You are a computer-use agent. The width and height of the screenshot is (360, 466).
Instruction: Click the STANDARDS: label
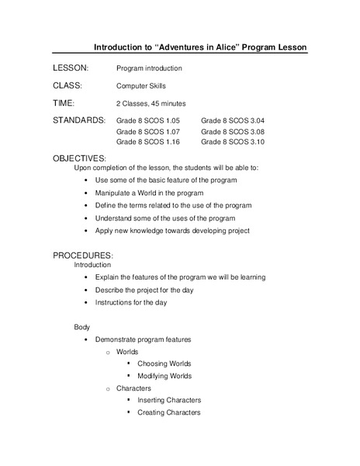click(x=79, y=120)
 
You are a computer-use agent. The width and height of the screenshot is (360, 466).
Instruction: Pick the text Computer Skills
click(x=140, y=86)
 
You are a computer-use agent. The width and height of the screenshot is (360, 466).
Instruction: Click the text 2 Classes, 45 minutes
click(x=151, y=103)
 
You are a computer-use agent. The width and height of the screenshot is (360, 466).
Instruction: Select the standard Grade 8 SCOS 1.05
click(x=147, y=121)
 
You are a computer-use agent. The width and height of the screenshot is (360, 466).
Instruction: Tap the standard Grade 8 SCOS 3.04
click(x=233, y=121)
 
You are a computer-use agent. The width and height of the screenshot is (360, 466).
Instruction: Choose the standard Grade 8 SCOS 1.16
click(x=147, y=142)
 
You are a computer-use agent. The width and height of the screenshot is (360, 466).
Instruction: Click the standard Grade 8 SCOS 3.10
click(x=233, y=142)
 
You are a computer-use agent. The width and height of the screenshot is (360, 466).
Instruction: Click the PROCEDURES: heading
click(x=83, y=256)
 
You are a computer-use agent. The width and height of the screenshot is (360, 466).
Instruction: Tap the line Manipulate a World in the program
click(x=149, y=193)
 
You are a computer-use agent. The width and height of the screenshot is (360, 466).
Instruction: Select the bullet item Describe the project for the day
click(x=144, y=290)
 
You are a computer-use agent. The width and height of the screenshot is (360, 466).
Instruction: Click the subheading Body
click(x=82, y=327)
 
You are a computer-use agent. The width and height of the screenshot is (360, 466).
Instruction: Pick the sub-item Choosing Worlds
click(x=164, y=363)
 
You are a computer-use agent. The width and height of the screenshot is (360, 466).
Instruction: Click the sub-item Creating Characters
click(x=168, y=412)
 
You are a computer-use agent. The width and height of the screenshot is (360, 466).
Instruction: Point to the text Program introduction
click(x=149, y=69)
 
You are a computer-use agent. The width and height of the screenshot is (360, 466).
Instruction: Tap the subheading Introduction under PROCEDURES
click(x=92, y=265)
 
